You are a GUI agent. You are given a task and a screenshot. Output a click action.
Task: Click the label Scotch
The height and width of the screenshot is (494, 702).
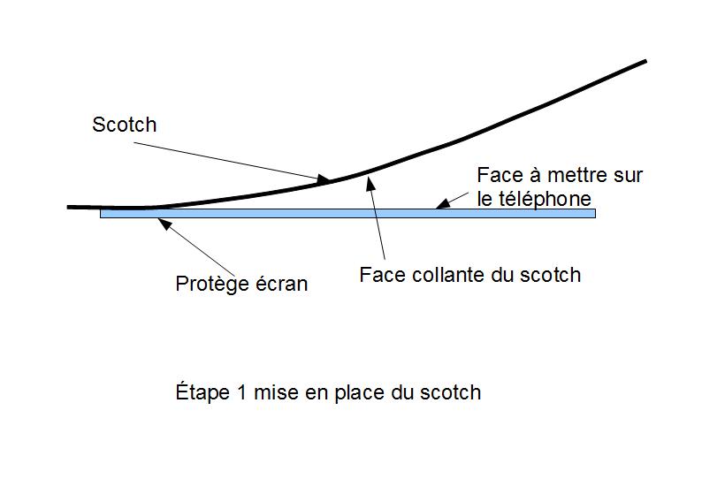tap(124, 125)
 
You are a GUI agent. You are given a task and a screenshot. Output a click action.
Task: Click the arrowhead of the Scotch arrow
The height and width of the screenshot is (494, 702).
tap(328, 181)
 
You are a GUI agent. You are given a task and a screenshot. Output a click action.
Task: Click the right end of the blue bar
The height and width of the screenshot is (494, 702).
tap(595, 213)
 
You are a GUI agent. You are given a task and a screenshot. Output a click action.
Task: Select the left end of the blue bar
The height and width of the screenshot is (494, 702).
tap(102, 213)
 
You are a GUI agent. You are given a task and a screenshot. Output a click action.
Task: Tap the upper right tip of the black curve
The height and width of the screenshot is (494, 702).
tap(645, 61)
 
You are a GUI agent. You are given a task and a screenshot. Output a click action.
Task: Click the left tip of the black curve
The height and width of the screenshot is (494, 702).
tap(69, 207)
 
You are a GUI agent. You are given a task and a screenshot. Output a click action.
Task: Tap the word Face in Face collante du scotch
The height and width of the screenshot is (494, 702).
tap(380, 275)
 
